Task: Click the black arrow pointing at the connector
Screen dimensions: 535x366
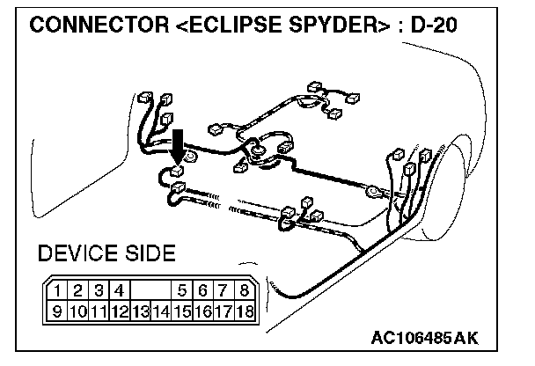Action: click(x=178, y=143)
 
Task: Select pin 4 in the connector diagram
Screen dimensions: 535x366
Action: click(x=119, y=290)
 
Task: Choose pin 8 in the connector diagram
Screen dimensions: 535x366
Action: click(x=246, y=290)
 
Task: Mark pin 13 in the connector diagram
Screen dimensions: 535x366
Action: click(x=140, y=310)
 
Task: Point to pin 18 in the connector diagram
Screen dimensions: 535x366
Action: click(x=246, y=310)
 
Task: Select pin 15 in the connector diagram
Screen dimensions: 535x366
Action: click(x=182, y=310)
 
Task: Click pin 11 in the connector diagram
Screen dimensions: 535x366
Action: click(x=98, y=310)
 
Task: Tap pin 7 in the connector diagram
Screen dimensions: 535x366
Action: click(x=224, y=290)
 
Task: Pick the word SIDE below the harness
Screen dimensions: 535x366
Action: click(x=150, y=255)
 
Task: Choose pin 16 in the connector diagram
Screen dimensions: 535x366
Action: click(x=203, y=310)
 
